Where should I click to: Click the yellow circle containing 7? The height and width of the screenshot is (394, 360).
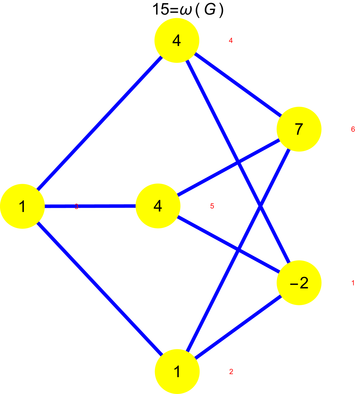pyautogui.click(x=299, y=129)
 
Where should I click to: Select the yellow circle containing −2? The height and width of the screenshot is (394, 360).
pyautogui.click(x=299, y=282)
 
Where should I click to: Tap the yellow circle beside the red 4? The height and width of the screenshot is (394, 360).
pyautogui.click(x=177, y=40)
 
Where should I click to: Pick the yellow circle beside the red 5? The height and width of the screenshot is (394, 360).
pyautogui.click(x=158, y=206)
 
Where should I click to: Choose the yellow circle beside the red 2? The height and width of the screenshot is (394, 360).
pyautogui.click(x=177, y=371)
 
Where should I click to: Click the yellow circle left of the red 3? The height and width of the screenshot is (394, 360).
pyautogui.click(x=22, y=206)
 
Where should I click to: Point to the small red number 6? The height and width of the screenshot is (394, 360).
pyautogui.click(x=353, y=129)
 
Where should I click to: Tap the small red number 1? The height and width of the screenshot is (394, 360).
pyautogui.click(x=353, y=283)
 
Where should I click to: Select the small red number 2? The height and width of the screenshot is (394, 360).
pyautogui.click(x=231, y=372)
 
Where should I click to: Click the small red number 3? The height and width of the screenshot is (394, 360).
pyautogui.click(x=76, y=207)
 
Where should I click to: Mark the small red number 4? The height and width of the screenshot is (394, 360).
pyautogui.click(x=231, y=40)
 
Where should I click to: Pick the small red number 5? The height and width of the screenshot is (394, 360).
pyautogui.click(x=212, y=206)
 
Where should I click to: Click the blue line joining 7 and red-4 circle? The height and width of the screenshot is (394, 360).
pyautogui.click(x=238, y=85)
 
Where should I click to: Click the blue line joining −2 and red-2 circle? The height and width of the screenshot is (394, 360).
pyautogui.click(x=238, y=327)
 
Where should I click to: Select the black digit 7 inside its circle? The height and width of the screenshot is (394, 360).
pyautogui.click(x=299, y=129)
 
